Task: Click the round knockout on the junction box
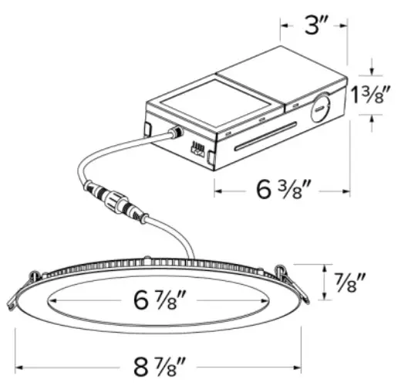[x=319, y=110]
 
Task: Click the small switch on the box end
[x=198, y=152]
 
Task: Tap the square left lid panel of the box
[x=200, y=100]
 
